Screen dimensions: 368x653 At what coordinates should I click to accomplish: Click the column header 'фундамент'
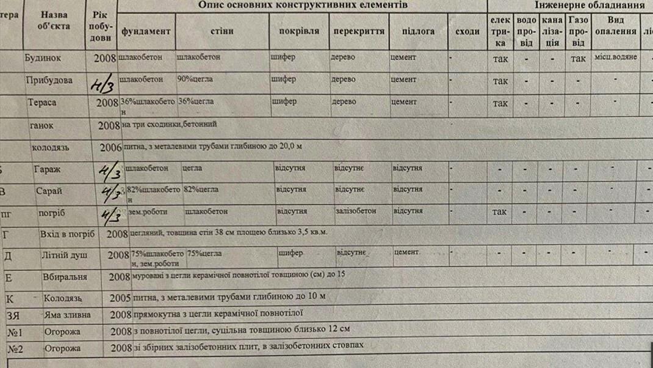146,32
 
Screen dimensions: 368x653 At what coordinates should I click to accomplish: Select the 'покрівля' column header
299,31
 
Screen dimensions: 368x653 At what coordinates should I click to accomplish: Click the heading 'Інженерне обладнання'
590,5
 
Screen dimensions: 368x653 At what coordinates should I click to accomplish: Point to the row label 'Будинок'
47,58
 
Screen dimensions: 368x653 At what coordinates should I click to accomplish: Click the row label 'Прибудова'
49,80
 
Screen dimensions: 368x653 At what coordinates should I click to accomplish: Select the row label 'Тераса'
42,102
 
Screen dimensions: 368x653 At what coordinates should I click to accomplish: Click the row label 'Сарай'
49,191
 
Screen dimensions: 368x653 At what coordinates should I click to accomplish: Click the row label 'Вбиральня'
65,277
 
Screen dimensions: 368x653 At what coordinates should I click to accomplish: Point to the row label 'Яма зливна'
67,315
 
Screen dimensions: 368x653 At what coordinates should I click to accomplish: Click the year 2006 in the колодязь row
110,147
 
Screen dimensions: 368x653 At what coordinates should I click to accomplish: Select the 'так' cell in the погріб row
499,212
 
